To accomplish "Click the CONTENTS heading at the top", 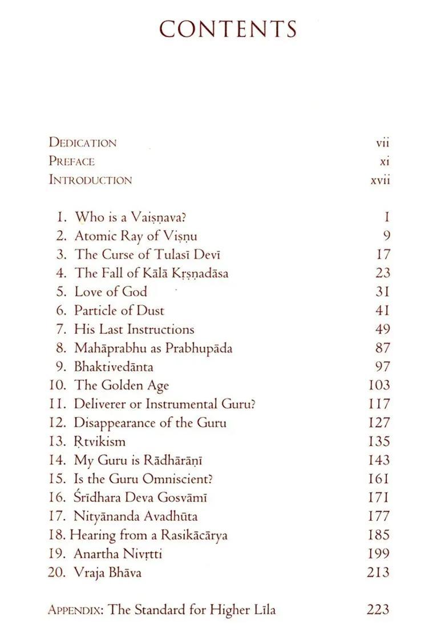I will coord(228,29).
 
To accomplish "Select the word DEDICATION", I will coord(83,143).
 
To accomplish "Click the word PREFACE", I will coord(72,161).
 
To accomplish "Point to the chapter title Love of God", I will coord(111,291).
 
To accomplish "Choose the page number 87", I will coord(383,347).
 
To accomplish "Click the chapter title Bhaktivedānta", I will coord(114,366).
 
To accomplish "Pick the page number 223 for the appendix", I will coord(378,610).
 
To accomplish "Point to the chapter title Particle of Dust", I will coord(119,310).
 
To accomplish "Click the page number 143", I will coord(379,460).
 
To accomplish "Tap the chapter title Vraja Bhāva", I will coord(108,572).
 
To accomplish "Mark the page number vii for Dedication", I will coord(382,143).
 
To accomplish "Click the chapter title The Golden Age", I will coord(122,385).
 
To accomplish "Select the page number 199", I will coord(379,553).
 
